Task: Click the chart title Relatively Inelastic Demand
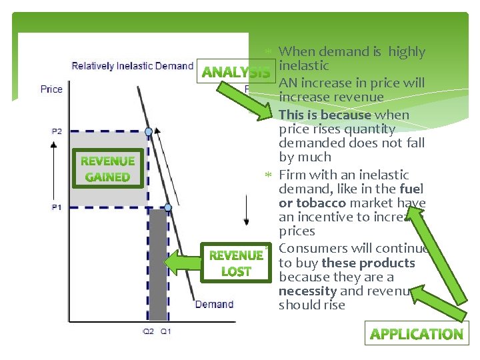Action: click(x=132, y=66)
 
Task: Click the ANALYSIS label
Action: click(x=235, y=72)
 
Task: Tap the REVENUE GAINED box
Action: click(x=107, y=169)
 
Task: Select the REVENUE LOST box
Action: click(x=236, y=263)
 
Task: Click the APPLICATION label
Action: click(x=416, y=334)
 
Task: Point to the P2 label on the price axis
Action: click(x=57, y=131)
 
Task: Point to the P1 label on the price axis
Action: click(x=57, y=207)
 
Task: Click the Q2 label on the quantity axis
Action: click(x=148, y=331)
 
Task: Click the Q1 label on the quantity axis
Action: click(x=165, y=331)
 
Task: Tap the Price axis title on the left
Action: click(x=51, y=89)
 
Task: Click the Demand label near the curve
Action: click(x=214, y=305)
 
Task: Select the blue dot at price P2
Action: click(x=149, y=131)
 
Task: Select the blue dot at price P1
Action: click(x=168, y=207)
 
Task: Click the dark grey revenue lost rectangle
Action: click(x=158, y=267)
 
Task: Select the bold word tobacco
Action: click(x=321, y=203)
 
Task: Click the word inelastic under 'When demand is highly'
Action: click(x=304, y=65)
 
